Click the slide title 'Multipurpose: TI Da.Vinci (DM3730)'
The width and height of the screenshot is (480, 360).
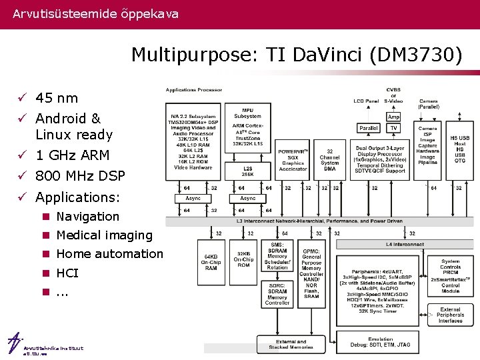click(296, 54)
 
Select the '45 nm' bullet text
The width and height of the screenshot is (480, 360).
click(57, 99)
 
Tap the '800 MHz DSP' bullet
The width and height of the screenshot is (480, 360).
click(80, 176)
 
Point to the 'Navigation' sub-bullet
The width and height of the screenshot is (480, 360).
click(87, 217)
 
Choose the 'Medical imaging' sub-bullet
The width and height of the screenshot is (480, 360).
click(104, 235)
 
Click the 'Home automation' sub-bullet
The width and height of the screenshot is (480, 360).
click(109, 254)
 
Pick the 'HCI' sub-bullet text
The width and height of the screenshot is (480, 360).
click(67, 273)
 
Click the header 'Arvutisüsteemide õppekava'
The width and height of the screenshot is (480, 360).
click(95, 13)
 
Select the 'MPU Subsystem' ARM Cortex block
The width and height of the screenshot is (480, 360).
click(247, 126)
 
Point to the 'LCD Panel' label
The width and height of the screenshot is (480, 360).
click(365, 101)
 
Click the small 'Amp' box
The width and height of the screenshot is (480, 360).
click(394, 117)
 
